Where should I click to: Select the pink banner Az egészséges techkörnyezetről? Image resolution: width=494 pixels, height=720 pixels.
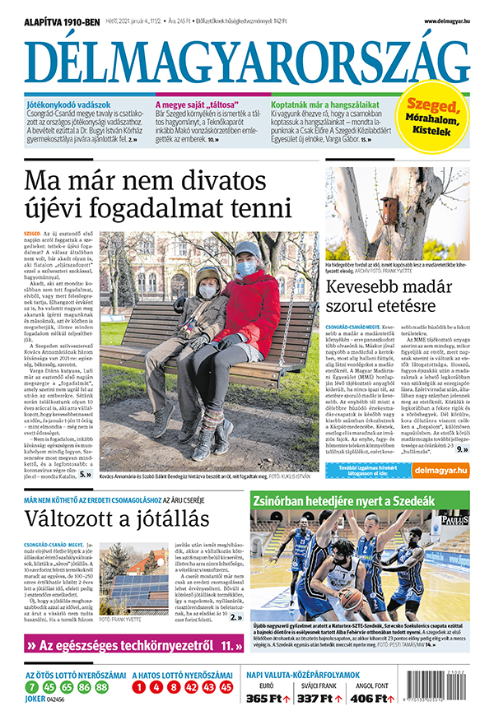point(132,647)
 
